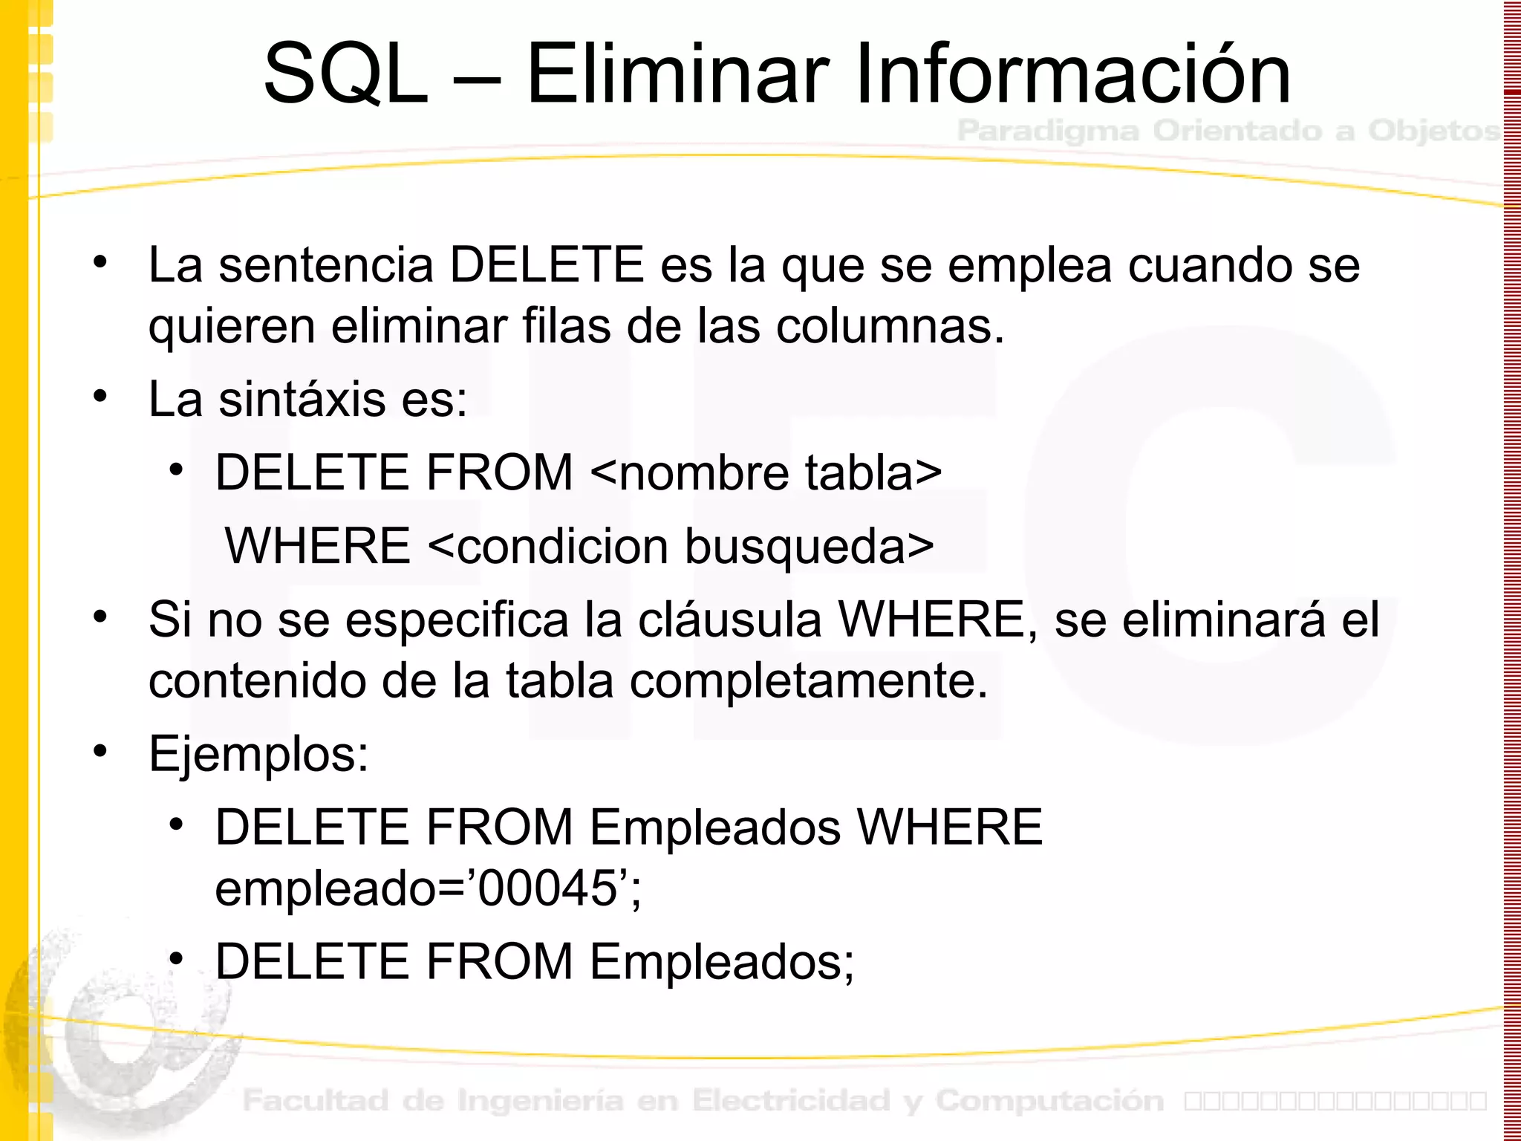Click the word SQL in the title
(346, 74)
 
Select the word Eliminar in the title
(677, 74)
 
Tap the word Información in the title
(1072, 74)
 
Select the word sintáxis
(302, 399)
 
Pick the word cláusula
(729, 620)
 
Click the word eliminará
(1223, 620)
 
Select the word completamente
(809, 680)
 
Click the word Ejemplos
(258, 754)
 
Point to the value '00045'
(547, 888)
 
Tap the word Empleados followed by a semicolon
(720, 961)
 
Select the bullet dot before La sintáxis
(100, 395)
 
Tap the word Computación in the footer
(1049, 1100)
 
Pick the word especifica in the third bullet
(457, 620)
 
